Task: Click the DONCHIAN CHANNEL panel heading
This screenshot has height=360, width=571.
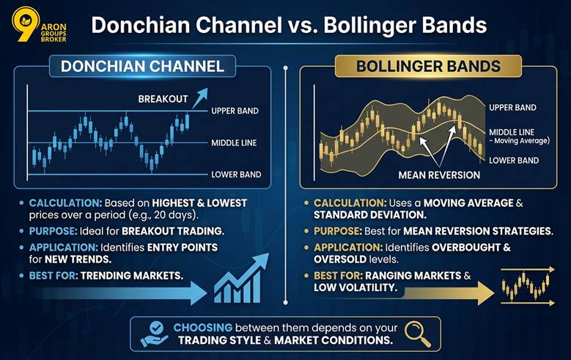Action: click(142, 66)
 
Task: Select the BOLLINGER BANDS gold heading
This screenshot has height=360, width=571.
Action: click(428, 66)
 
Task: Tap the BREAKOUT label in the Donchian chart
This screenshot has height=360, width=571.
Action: click(163, 98)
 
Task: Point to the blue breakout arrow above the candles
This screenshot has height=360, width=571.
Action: click(199, 95)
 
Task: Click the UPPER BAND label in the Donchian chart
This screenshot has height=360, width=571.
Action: click(235, 111)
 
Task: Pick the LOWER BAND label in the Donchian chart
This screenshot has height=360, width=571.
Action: click(235, 175)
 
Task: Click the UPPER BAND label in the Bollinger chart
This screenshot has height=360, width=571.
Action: click(512, 107)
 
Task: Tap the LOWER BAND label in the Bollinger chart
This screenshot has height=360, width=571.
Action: click(513, 160)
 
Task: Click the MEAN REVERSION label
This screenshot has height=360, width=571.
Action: click(439, 175)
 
